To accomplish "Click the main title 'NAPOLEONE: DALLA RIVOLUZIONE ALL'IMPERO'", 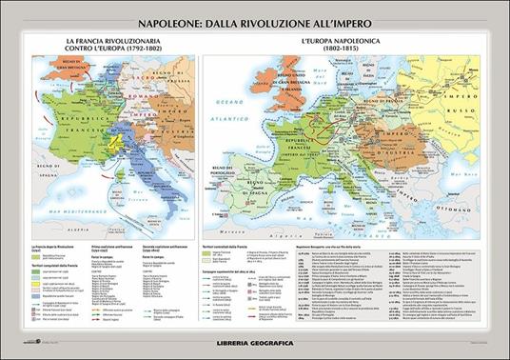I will click(254, 16).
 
